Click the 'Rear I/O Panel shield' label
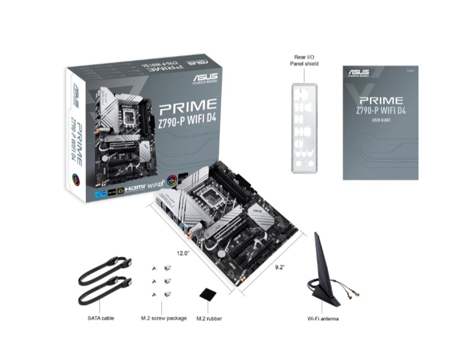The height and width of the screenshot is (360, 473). (304, 61)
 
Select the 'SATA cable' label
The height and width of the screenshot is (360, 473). (101, 318)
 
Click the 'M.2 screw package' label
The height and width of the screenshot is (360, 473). (164, 318)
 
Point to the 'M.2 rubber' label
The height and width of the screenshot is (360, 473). (210, 318)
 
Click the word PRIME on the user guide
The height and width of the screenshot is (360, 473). (380, 100)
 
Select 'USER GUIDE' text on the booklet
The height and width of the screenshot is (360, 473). (380, 120)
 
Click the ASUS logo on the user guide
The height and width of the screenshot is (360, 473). (359, 72)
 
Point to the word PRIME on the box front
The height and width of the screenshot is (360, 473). (188, 106)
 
